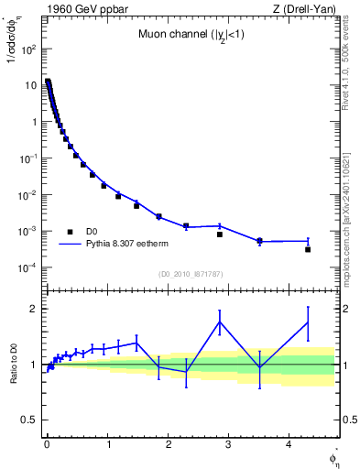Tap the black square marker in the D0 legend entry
point(70,232)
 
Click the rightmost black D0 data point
point(308,249)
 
